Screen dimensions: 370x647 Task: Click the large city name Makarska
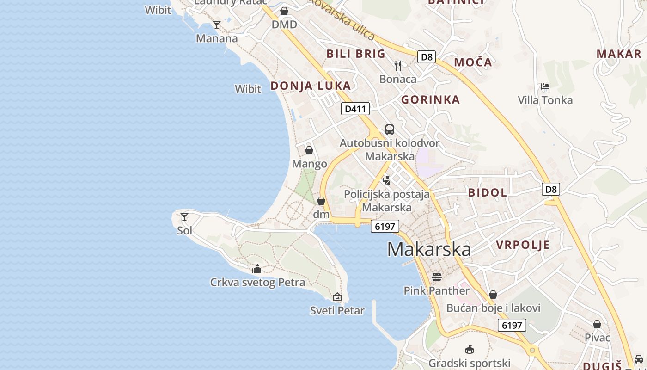429,249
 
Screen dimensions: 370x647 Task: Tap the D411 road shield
355,109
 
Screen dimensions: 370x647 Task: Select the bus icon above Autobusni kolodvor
390,129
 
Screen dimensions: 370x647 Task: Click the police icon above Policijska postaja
387,180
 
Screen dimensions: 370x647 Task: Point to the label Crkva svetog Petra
257,282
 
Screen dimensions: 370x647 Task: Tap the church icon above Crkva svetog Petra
257,269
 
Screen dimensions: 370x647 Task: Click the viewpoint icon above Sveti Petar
337,297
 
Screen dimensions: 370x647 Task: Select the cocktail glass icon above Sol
184,216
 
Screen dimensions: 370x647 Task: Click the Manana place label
217,38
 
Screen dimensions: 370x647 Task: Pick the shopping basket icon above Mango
309,150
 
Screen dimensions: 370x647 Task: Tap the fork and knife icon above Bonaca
398,65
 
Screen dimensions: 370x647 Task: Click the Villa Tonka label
545,100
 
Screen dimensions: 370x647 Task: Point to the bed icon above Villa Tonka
545,86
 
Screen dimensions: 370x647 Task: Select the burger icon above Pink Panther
437,277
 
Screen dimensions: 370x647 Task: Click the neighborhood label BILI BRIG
356,54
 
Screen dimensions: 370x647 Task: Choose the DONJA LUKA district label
311,86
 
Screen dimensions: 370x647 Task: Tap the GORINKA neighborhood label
430,99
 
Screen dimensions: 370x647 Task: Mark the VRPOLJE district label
523,245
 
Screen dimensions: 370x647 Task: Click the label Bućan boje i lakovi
493,308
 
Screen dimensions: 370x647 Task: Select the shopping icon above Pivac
597,324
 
